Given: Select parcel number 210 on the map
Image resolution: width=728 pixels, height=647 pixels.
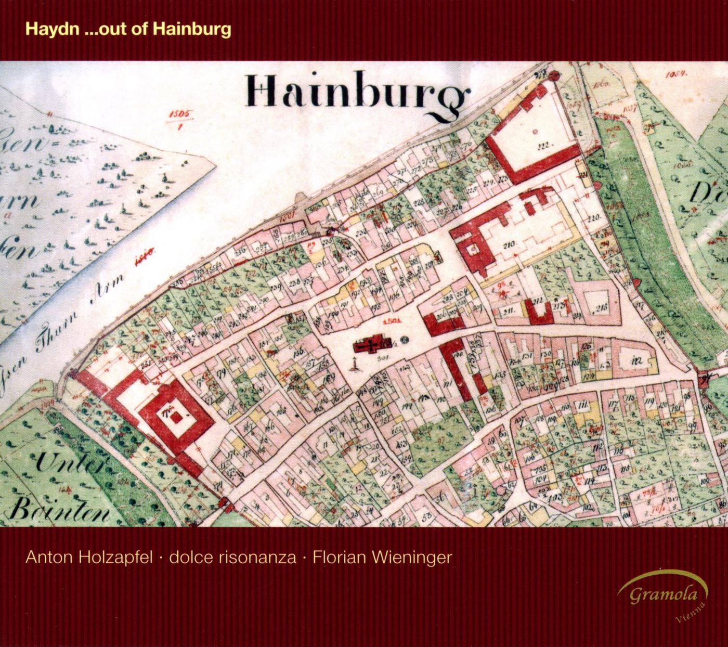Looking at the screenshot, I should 510,244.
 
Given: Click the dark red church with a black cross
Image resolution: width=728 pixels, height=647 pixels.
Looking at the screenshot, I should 370,345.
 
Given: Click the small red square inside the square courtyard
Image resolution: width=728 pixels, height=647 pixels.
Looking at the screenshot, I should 178,416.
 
